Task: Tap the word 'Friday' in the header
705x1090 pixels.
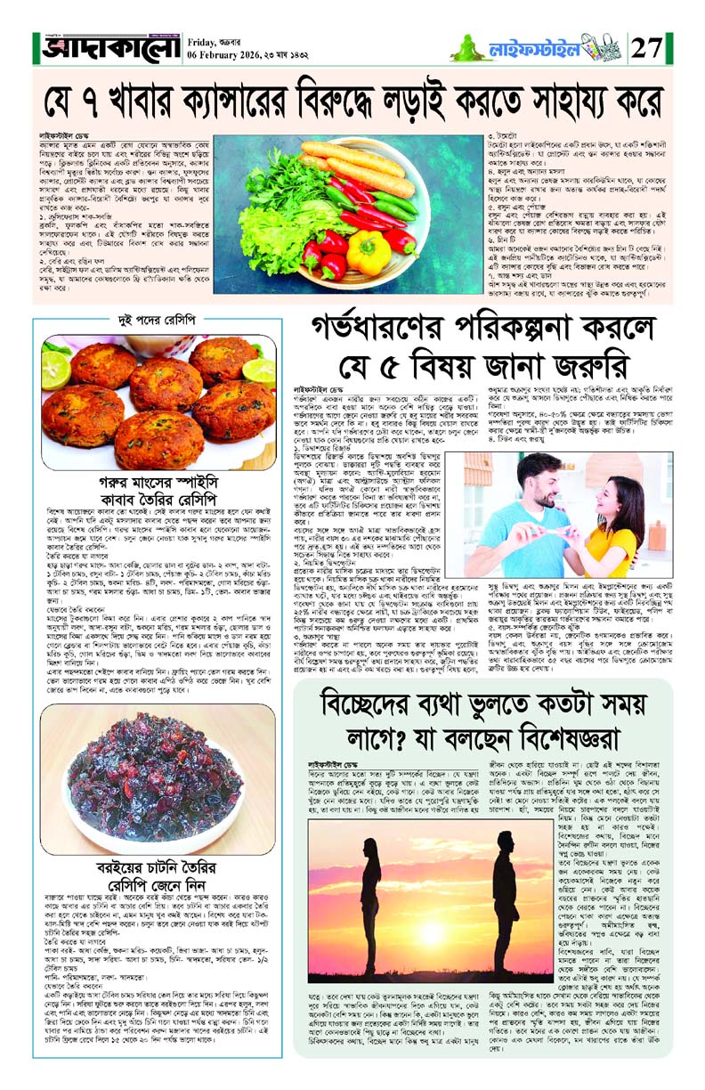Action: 204,40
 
